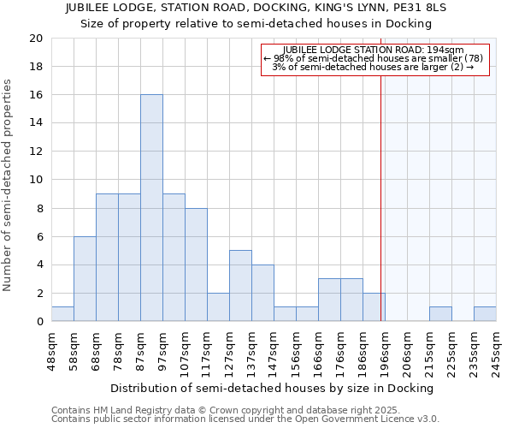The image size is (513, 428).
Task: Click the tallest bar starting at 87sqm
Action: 151,208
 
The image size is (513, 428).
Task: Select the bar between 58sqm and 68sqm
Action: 85,279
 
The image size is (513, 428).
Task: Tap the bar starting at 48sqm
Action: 62,314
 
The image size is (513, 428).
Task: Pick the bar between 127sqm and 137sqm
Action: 240,286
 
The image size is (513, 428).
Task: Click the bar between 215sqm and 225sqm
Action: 440,314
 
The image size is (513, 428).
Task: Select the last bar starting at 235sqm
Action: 485,314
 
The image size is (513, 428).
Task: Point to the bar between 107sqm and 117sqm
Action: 196,265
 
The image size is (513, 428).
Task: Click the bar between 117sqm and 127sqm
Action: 218,307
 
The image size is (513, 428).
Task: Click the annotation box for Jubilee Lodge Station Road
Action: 375,59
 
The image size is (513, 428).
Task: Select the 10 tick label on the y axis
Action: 35,180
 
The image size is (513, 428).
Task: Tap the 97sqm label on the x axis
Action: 163,348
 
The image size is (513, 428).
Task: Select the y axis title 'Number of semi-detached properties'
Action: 8,185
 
